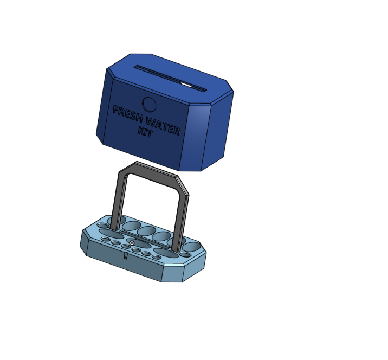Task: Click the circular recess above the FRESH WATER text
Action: tap(149, 105)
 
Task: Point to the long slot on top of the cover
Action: tap(163, 76)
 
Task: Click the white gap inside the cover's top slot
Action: tap(186, 85)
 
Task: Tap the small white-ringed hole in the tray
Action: tap(132, 243)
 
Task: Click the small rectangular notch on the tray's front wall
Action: tap(126, 256)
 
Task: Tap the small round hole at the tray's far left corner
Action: tap(102, 226)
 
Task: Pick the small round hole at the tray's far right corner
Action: tap(185, 254)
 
